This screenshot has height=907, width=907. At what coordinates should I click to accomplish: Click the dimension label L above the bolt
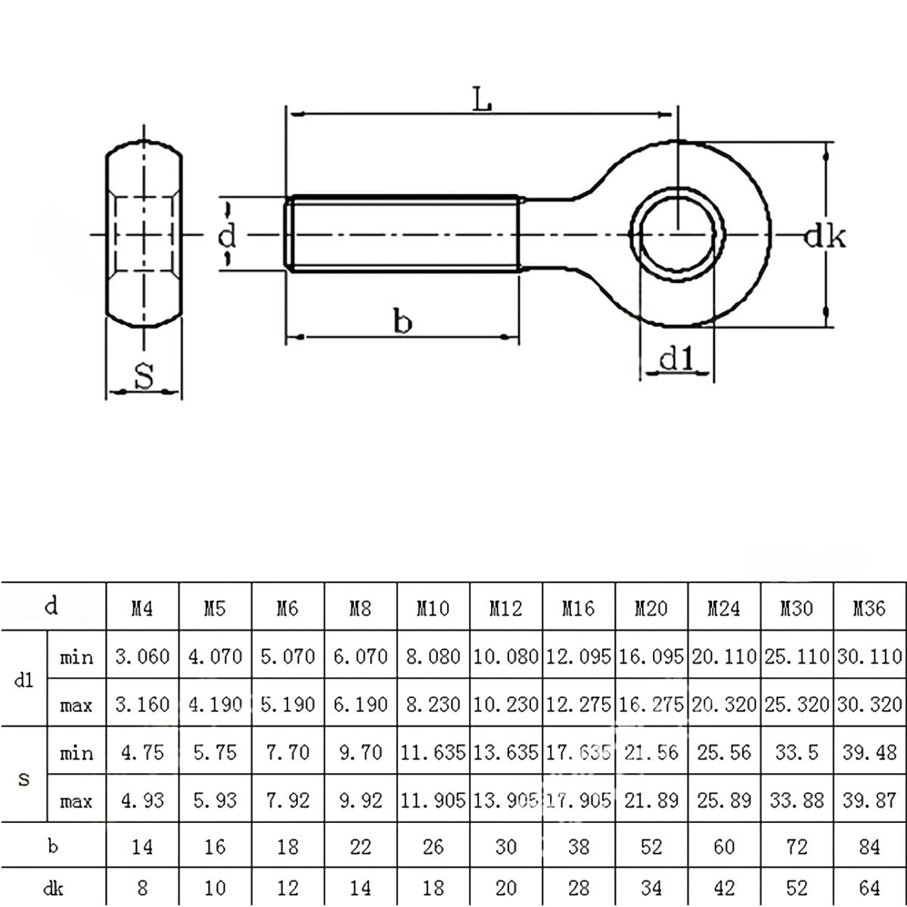[x=482, y=98]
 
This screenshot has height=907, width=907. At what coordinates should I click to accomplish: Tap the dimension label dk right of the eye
[x=824, y=237]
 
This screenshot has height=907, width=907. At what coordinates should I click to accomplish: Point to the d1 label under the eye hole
[x=676, y=359]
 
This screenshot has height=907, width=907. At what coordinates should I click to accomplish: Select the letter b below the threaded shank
[x=403, y=322]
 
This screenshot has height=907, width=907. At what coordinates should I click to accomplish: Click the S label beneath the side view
[x=144, y=375]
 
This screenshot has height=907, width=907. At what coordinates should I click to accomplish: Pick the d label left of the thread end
[x=227, y=236]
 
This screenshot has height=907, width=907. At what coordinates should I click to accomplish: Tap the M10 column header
[x=433, y=607]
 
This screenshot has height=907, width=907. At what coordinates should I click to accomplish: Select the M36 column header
[x=869, y=607]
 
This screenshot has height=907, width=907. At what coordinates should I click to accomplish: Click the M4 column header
[x=142, y=607]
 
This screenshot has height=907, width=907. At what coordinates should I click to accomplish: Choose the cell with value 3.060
[x=142, y=656]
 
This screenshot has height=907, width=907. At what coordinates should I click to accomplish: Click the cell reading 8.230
[x=433, y=704]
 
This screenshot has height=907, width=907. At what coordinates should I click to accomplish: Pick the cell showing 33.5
[x=797, y=753]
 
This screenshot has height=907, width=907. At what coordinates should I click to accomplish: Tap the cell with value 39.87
[x=869, y=800]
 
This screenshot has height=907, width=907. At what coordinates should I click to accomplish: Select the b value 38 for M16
[x=578, y=846]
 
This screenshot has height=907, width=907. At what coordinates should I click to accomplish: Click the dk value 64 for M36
[x=869, y=887]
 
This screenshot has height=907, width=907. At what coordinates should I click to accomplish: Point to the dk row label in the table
[x=53, y=887]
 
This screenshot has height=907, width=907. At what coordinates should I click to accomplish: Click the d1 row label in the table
[x=24, y=680]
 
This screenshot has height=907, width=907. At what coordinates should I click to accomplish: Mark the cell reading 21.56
[x=651, y=753]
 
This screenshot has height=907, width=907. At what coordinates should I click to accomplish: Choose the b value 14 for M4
[x=142, y=846]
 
